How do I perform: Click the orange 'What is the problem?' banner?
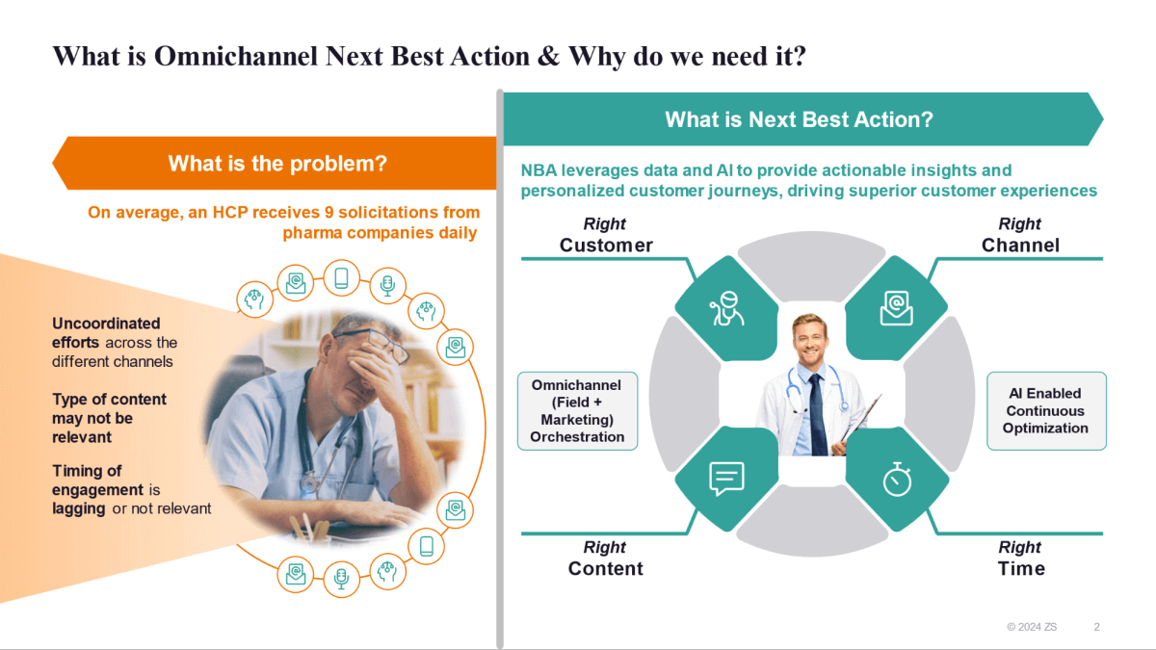277,164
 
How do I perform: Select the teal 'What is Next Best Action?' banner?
799,119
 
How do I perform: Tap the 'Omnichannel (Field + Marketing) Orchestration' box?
577,411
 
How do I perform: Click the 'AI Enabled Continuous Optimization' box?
1045,411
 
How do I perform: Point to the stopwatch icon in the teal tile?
897,479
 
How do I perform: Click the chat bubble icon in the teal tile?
726,479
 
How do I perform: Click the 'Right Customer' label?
606,235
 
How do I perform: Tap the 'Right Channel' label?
1020,235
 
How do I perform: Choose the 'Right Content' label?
605,559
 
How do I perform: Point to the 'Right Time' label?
1020,559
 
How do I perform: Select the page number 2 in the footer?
1096,627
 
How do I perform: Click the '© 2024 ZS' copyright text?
1031,627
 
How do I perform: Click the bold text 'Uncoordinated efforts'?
106,332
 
